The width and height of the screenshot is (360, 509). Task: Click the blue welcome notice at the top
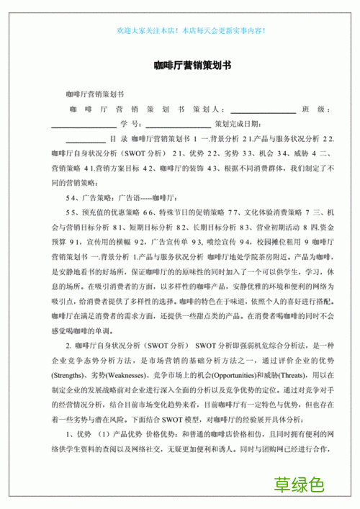(190, 31)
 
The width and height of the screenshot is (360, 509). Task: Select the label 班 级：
(316, 109)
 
